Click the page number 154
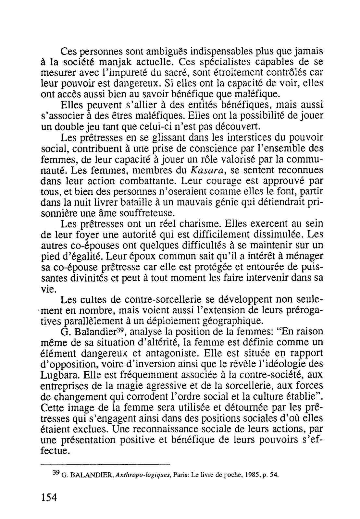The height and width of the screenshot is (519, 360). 49,497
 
